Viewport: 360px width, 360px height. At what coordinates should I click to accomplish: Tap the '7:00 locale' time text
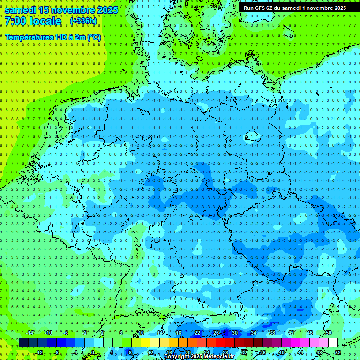(33, 21)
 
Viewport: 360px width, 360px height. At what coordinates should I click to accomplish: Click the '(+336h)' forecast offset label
(83, 21)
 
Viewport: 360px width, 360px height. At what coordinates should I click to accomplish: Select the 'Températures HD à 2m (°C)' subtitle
(52, 37)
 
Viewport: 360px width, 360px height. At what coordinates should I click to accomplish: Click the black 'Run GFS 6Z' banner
(294, 7)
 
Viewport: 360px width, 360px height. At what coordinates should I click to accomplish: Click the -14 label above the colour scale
(30, 333)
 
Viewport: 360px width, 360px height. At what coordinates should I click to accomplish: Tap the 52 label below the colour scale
(338, 352)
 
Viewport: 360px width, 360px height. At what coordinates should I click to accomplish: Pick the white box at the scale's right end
(333, 343)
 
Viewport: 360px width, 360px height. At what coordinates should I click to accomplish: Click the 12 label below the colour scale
(150, 352)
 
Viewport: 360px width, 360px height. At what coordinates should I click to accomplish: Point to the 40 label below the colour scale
(282, 352)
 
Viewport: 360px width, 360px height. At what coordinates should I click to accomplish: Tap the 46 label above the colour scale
(310, 333)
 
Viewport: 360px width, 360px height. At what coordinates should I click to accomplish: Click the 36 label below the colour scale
(263, 352)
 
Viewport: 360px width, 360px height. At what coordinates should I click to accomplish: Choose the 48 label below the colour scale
(319, 352)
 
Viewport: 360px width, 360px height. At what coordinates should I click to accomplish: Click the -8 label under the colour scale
(57, 352)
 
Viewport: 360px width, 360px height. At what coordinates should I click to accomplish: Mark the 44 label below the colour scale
(300, 352)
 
